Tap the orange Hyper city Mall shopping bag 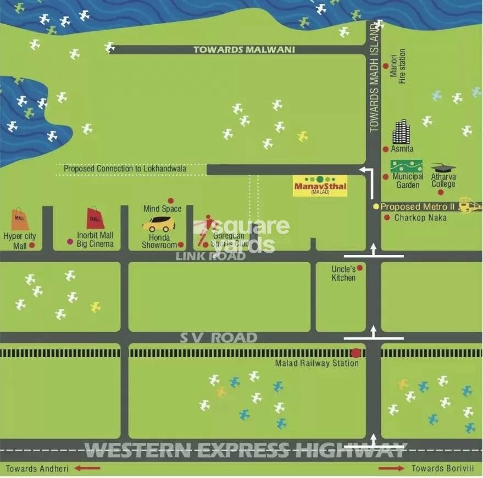pyautogui.click(x=20, y=219)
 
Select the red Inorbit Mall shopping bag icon pyautogui.click(x=95, y=218)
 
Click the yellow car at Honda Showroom pyautogui.click(x=159, y=224)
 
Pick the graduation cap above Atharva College pyautogui.click(x=443, y=168)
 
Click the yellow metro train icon pyautogui.click(x=470, y=205)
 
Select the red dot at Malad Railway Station pyautogui.click(x=356, y=353)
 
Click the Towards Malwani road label pyautogui.click(x=244, y=49)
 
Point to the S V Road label pyautogui.click(x=218, y=337)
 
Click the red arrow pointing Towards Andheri pyautogui.click(x=88, y=468)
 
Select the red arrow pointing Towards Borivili pyautogui.click(x=391, y=468)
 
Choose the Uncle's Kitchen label pyautogui.click(x=344, y=274)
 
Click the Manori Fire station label pyautogui.click(x=397, y=66)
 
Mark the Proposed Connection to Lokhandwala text pyautogui.click(x=132, y=169)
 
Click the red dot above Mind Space pyautogui.click(x=170, y=201)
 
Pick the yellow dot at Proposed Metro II pyautogui.click(x=376, y=207)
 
